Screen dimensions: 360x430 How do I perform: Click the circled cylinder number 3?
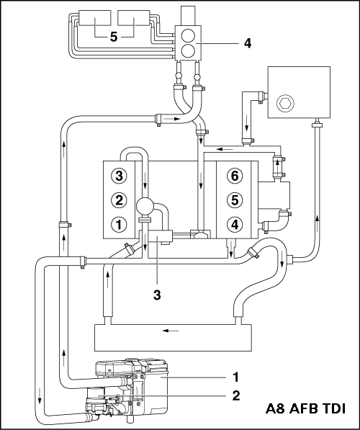click(119, 176)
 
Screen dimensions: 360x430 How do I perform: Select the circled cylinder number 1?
click(119, 225)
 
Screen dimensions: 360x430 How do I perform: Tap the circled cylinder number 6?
click(235, 176)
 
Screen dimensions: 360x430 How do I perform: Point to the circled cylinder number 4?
click(235, 225)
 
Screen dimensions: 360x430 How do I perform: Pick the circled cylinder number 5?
click(235, 200)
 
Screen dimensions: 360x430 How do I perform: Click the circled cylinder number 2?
click(119, 200)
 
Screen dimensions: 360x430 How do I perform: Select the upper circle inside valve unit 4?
click(189, 35)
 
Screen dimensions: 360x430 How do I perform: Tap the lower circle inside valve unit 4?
click(189, 50)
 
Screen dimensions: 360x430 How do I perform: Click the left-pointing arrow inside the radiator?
click(171, 331)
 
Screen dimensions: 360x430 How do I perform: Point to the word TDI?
click(333, 408)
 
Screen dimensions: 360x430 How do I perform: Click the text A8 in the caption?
click(275, 408)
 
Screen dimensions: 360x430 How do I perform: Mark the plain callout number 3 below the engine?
click(157, 295)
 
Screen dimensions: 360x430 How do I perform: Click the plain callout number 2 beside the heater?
click(236, 395)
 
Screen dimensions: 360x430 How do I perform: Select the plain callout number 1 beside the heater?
click(236, 377)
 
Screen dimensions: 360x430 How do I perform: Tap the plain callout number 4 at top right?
click(248, 43)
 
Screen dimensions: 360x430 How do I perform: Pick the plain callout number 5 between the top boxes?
click(114, 37)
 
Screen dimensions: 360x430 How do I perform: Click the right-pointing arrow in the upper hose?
click(172, 119)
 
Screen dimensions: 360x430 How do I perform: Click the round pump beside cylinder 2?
click(145, 207)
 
